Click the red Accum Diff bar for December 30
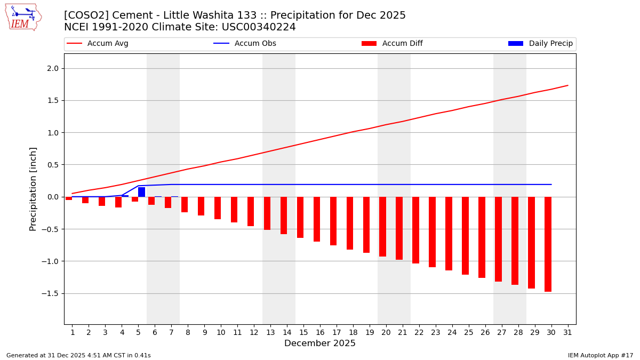tap(548, 244)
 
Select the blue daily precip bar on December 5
tap(141, 192)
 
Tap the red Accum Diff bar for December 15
tap(300, 217)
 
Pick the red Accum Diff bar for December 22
tap(415, 230)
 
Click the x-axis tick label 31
tap(567, 332)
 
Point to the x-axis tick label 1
tap(72, 332)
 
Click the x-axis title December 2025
tap(319, 343)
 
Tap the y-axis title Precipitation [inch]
tap(33, 189)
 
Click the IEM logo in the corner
tap(23, 17)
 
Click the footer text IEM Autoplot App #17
tap(600, 355)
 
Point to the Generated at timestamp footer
tap(78, 355)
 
